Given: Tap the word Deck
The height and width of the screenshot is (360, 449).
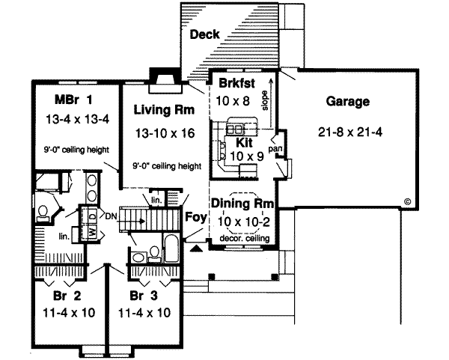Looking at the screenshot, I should [x=204, y=34].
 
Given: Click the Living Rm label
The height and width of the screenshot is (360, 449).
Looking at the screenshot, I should [x=164, y=110].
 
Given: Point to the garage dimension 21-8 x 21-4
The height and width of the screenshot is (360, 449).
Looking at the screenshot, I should [x=348, y=132].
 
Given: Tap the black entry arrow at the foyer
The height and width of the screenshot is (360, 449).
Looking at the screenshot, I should [x=196, y=247].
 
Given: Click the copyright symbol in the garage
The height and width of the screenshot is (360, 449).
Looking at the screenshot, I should [x=408, y=201].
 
